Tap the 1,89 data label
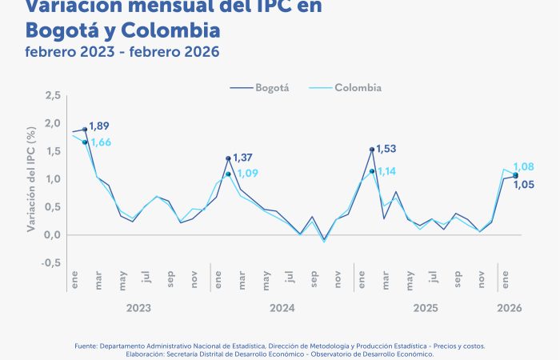[x=100, y=126]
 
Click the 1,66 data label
[x=101, y=142]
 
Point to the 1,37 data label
[x=243, y=157]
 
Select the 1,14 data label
[x=386, y=171]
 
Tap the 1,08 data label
[x=523, y=166]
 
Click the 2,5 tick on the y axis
[x=54, y=96]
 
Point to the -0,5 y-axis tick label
[x=52, y=263]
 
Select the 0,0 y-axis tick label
[x=54, y=235]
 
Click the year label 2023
[x=138, y=307]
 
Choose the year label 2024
[x=282, y=307]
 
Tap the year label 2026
[x=510, y=307]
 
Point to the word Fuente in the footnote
[x=86, y=346]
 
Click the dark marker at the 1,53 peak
[x=372, y=150]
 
